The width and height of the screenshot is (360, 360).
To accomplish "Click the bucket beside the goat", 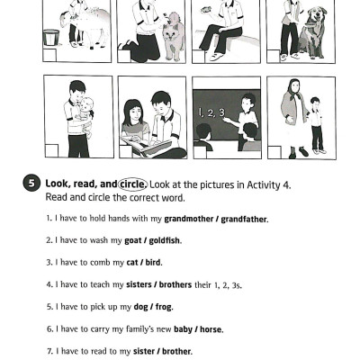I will click(51, 37).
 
